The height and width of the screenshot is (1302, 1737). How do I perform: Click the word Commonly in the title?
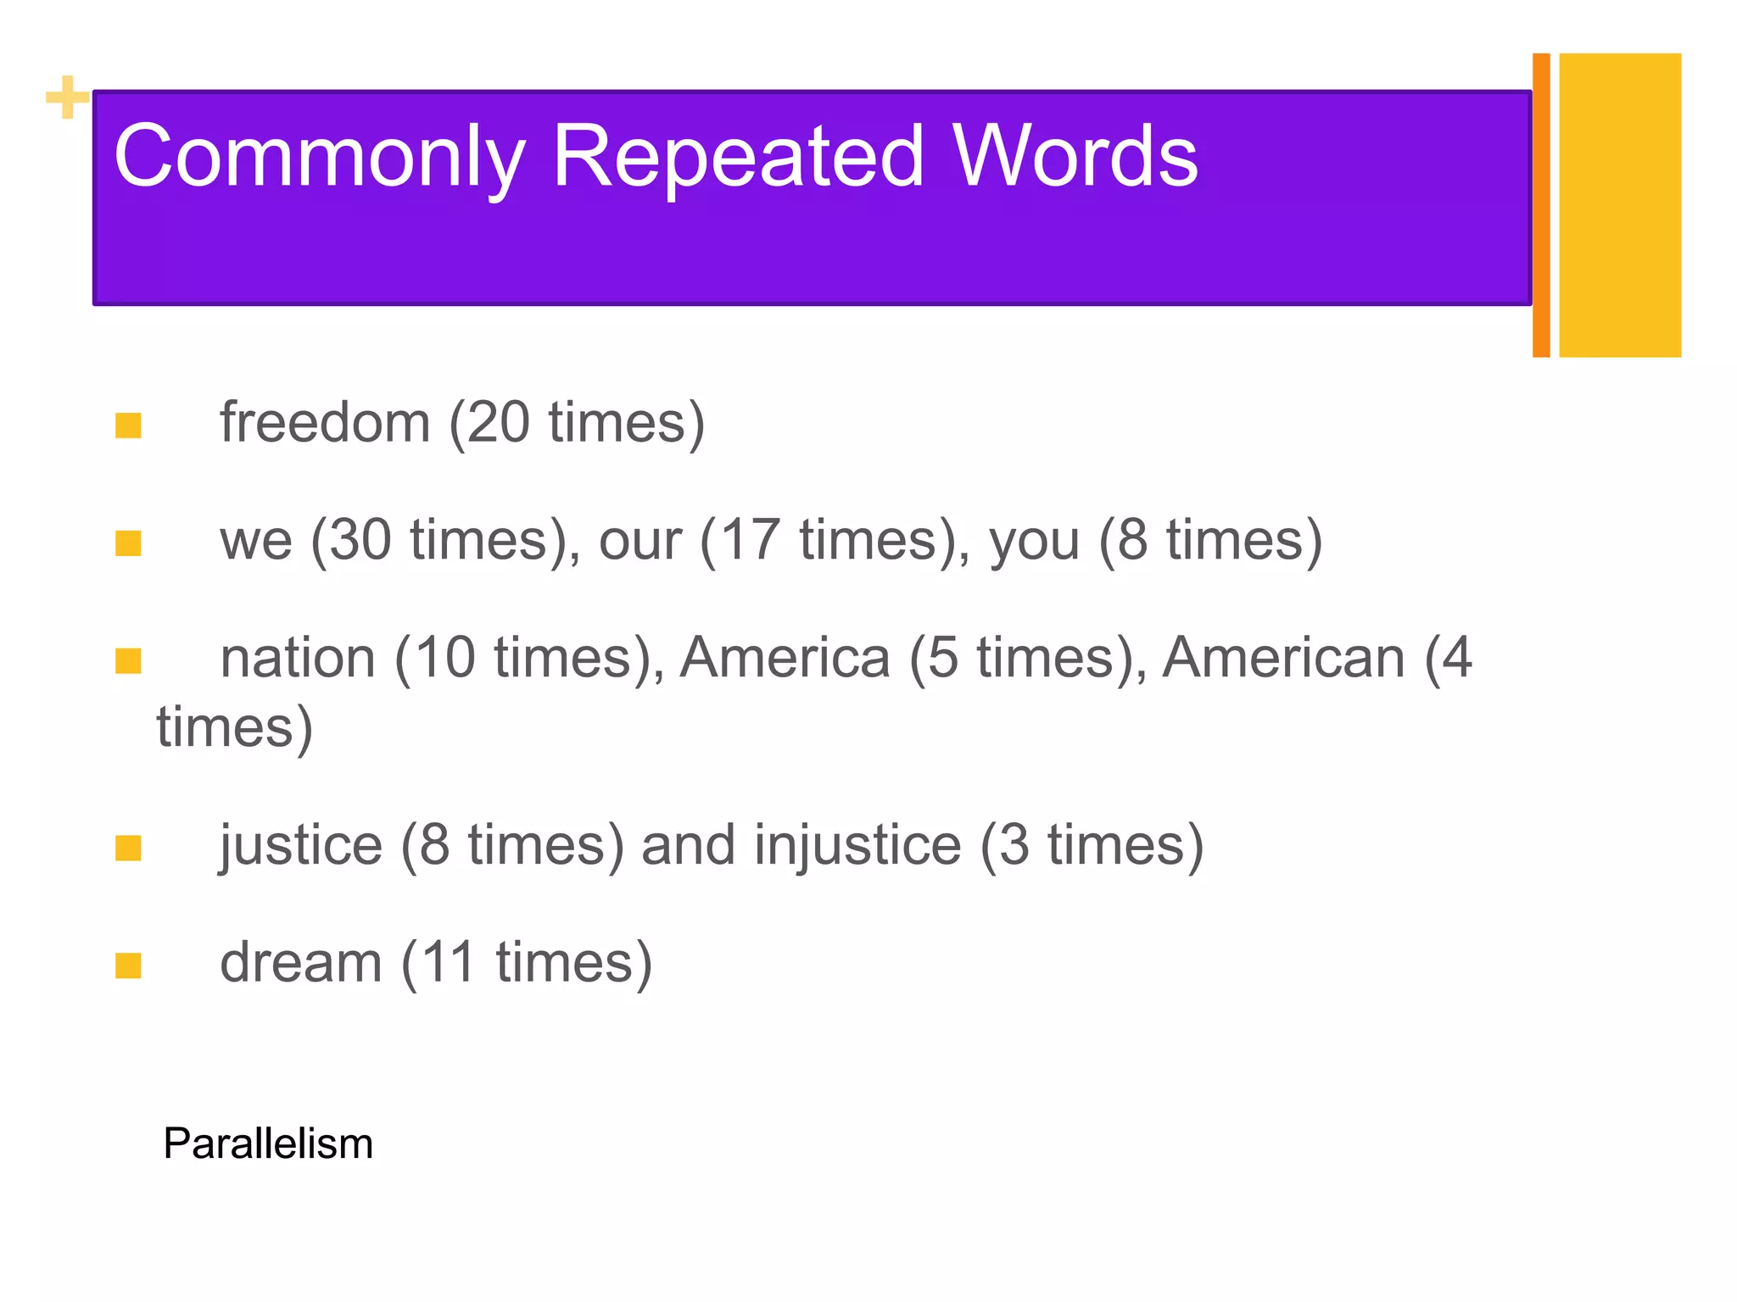coord(318,157)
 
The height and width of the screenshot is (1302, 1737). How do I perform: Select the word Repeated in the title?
coord(737,157)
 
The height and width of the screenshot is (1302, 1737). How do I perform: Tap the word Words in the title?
coord(1075,157)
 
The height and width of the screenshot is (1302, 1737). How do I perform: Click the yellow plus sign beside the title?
coord(67,97)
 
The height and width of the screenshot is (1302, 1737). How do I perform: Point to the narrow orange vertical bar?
coord(1541,205)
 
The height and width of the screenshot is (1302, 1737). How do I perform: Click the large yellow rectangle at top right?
coord(1619,205)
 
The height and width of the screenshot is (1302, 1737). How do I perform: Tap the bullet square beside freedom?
coord(128,426)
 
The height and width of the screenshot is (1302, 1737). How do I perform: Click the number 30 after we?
coord(360,540)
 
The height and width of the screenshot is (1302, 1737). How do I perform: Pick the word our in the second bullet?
coord(640,540)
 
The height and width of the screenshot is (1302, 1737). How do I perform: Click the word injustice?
coord(857,845)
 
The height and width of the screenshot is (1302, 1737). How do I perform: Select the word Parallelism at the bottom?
coord(268,1143)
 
